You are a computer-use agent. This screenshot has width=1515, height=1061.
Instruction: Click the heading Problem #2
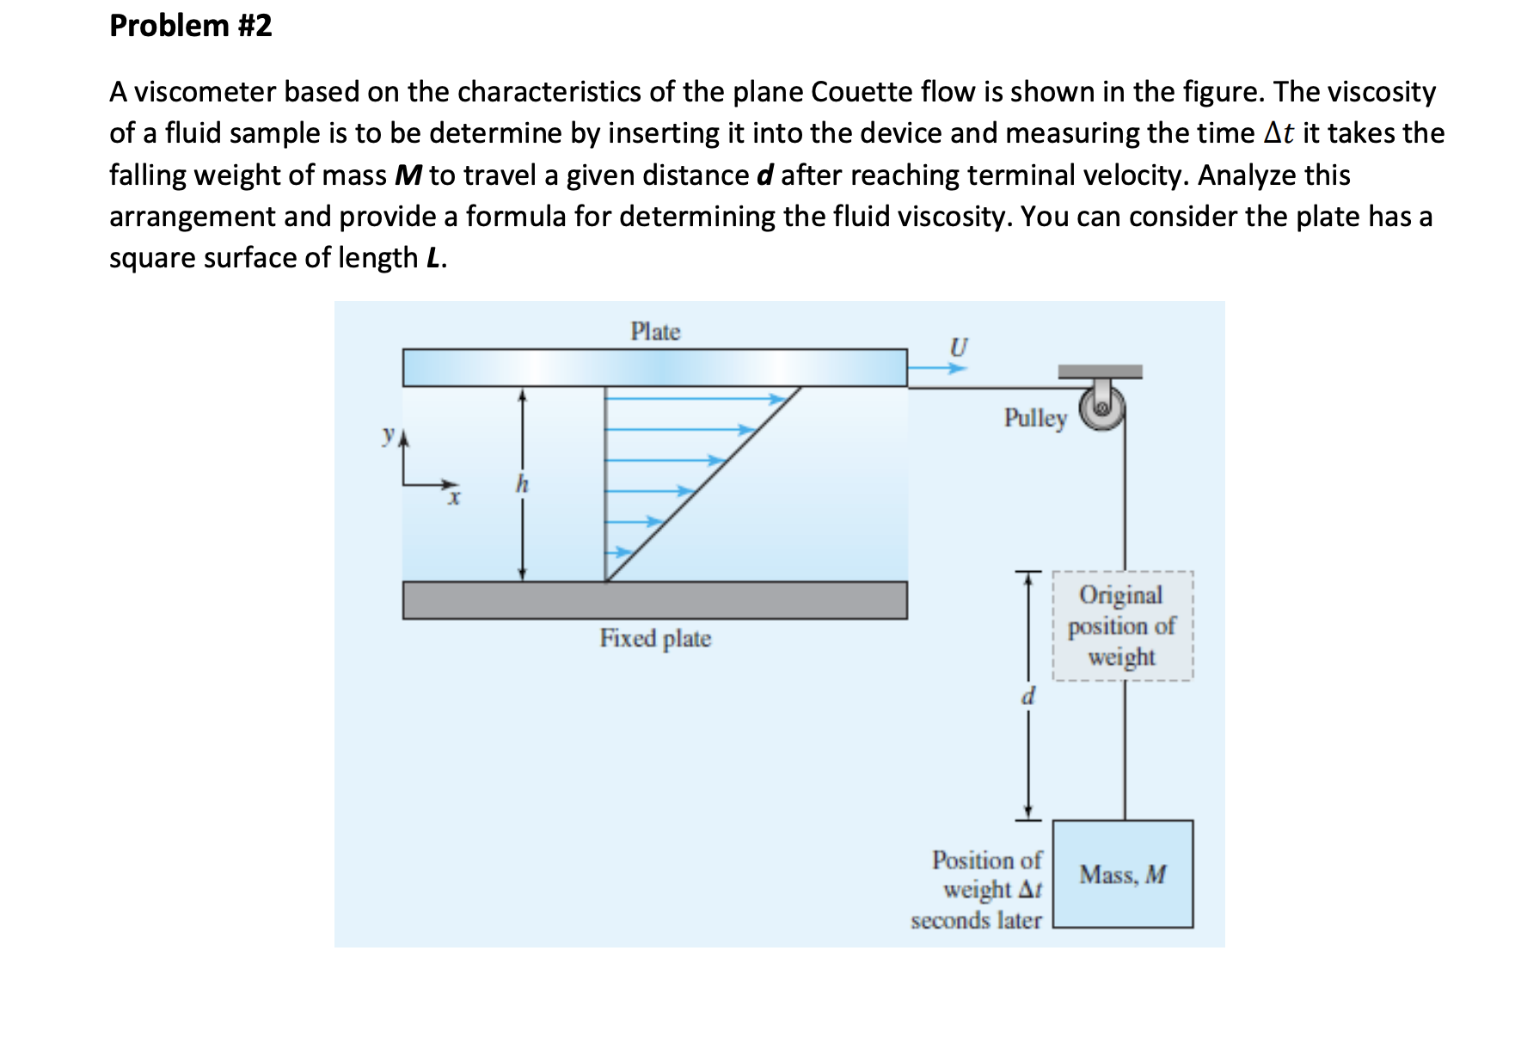pos(191,26)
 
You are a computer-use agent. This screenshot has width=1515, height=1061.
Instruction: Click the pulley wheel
pos(1101,408)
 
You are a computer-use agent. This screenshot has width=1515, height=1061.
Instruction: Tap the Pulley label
pos(1035,418)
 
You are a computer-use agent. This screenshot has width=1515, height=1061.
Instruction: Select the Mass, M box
pos(1123,874)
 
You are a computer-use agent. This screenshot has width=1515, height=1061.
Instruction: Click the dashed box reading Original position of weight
pos(1122,626)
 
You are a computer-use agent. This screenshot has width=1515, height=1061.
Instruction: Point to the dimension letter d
pos(1027,695)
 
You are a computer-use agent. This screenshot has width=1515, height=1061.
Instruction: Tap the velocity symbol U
pos(958,347)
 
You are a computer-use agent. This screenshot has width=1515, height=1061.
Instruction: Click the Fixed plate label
pos(655,638)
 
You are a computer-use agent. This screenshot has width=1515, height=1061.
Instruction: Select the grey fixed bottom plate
pos(654,600)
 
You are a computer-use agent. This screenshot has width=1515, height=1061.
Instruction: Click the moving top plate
pos(654,368)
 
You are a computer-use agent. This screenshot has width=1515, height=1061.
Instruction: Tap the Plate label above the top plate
pos(655,332)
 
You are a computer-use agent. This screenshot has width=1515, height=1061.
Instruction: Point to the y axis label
pos(389,435)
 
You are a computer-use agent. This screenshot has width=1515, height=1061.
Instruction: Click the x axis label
pos(454,498)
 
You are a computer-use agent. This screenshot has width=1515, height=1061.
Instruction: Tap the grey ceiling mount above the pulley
pos(1100,371)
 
